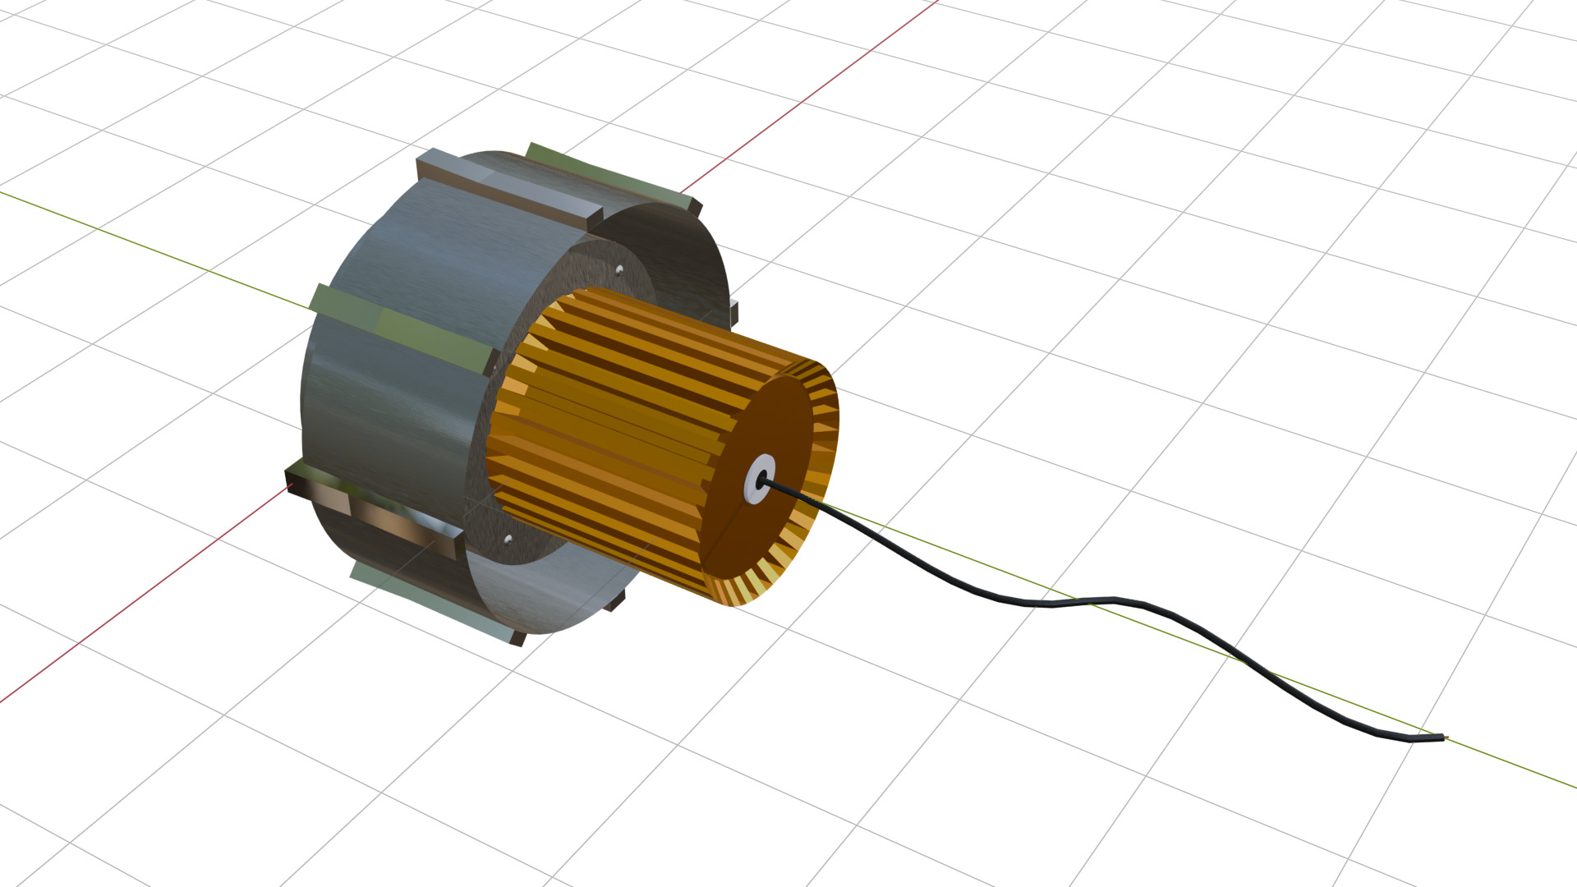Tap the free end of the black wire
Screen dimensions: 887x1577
tap(1441, 738)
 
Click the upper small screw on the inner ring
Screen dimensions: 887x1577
tap(619, 269)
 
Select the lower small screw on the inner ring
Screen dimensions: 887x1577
tap(508, 539)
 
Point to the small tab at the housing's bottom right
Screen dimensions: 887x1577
tap(614, 604)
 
